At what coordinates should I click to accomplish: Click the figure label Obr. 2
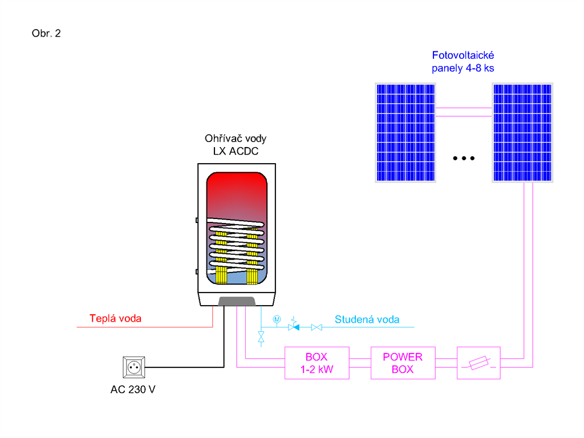[46, 34]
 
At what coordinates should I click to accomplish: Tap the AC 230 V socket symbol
[134, 367]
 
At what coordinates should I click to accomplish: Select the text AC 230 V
[133, 390]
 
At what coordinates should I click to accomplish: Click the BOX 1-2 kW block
[317, 363]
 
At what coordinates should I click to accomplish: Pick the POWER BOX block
[403, 363]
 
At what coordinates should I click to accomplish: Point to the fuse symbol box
[478, 363]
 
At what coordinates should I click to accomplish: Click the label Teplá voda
[115, 318]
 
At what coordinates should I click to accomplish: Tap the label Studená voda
[367, 319]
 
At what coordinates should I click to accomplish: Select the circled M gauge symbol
[277, 319]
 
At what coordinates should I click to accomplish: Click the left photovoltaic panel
[405, 132]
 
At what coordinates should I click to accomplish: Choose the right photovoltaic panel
[522, 132]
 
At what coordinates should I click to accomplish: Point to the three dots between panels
[464, 159]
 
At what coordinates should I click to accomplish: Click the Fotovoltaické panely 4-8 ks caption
[463, 62]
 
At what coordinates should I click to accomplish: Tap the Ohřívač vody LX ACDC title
[236, 145]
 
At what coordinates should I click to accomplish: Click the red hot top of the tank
[237, 190]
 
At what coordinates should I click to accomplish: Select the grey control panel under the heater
[237, 301]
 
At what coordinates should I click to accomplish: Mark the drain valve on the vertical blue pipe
[261, 337]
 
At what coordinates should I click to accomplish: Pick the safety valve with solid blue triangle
[294, 325]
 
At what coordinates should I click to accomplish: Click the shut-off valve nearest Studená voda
[317, 327]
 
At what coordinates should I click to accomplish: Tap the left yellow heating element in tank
[221, 257]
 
